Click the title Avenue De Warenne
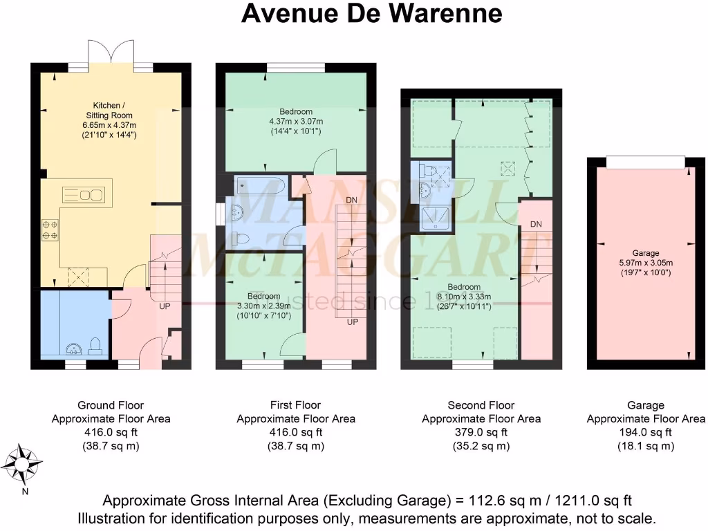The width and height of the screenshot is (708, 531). pos(371,13)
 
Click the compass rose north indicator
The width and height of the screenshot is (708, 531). pos(24,463)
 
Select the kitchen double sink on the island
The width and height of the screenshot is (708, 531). pos(83,194)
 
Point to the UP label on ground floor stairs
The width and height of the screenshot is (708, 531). pos(165,306)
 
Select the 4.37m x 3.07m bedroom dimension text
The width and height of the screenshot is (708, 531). pos(296,122)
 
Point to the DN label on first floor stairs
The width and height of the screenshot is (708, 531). pos(353,200)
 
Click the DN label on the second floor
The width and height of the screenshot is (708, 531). pos(536,225)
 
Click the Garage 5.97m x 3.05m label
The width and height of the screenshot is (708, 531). pos(646,263)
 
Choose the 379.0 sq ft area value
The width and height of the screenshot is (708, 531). pos(481,432)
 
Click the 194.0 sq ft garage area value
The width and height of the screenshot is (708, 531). pos(646,432)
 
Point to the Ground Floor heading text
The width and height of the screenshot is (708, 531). pos(111,405)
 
